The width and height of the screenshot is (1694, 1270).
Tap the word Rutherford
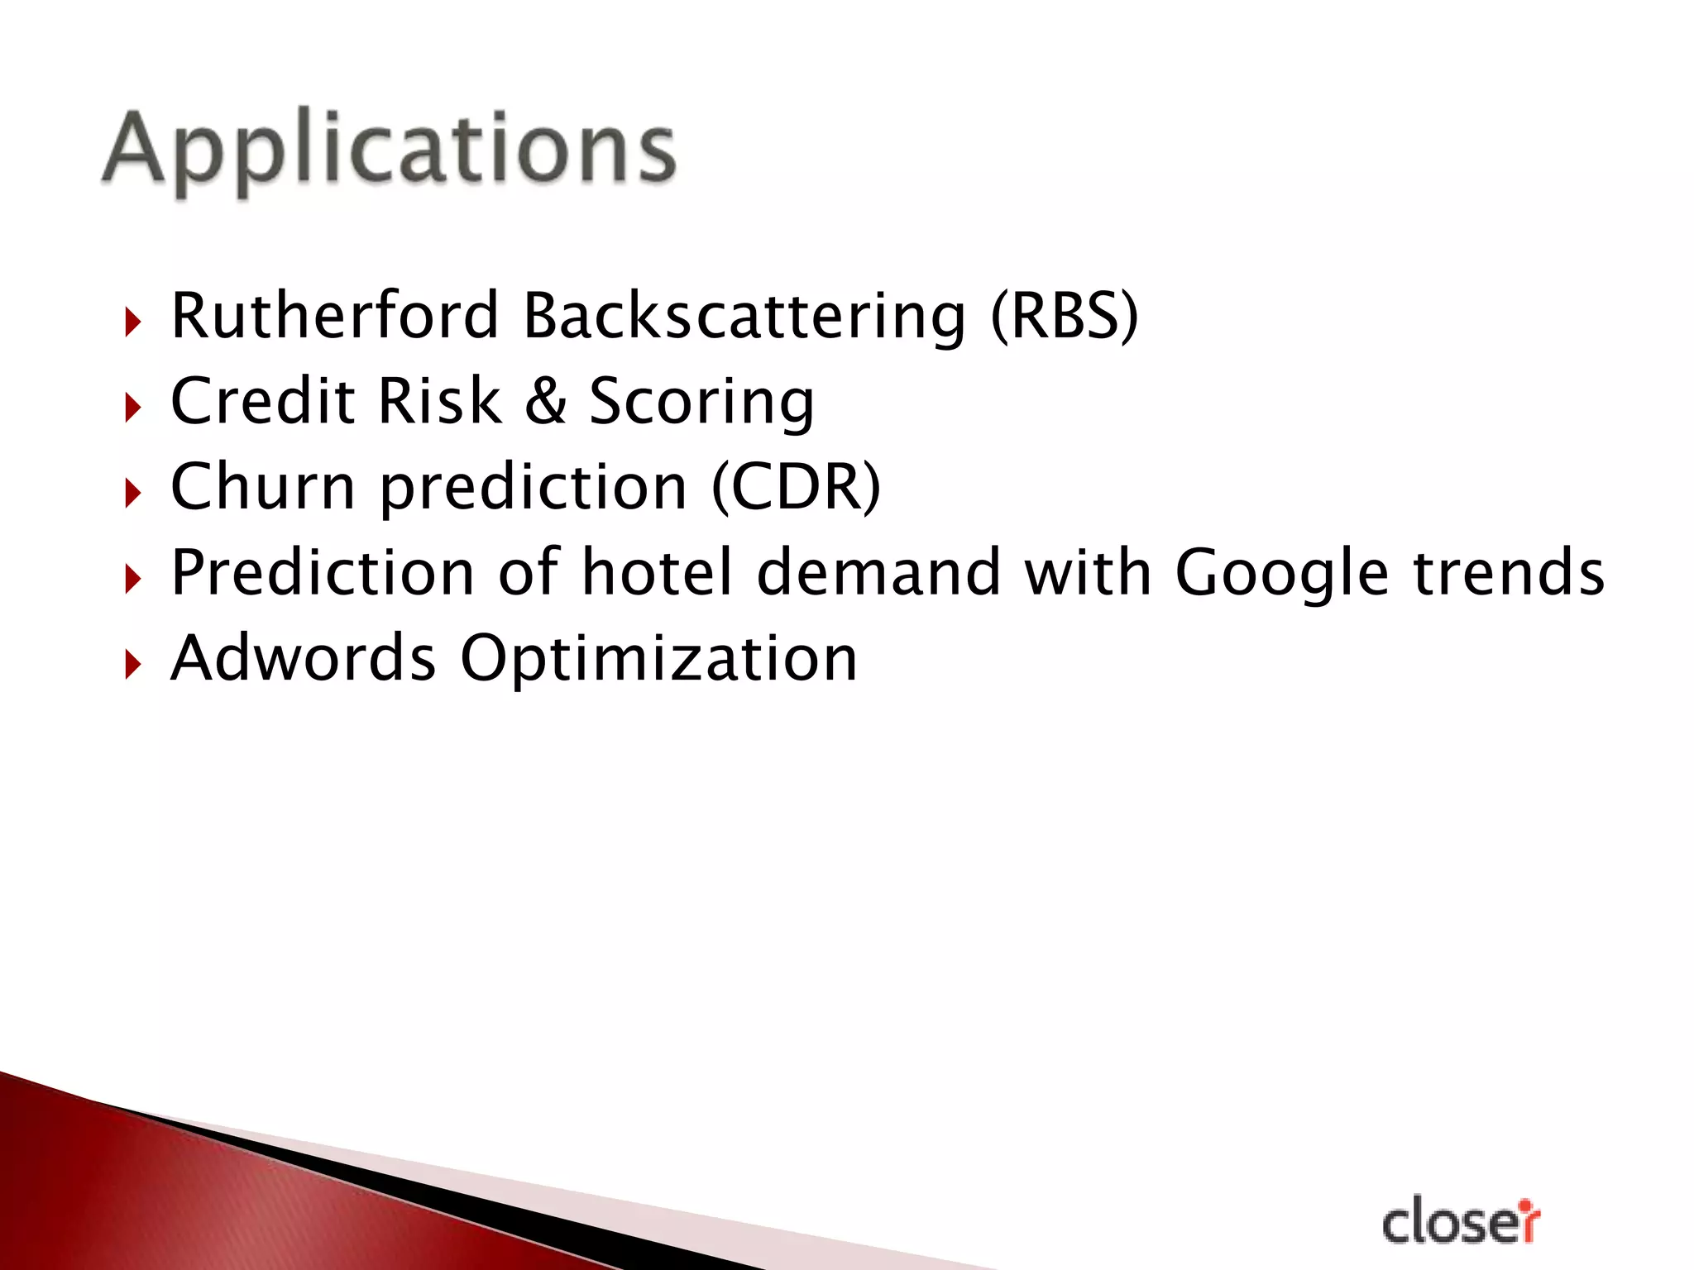click(x=334, y=316)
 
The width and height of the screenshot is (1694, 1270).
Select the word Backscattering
click(x=744, y=317)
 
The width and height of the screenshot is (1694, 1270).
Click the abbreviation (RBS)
click(x=1064, y=317)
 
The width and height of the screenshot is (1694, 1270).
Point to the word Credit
click(x=262, y=402)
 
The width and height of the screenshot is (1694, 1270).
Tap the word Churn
click(x=262, y=487)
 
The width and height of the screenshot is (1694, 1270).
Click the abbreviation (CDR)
click(x=796, y=488)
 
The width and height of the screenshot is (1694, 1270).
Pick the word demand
click(x=878, y=572)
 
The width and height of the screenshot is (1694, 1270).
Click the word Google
click(x=1281, y=574)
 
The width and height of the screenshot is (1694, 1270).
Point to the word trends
click(x=1509, y=572)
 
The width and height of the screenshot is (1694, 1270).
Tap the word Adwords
click(x=303, y=658)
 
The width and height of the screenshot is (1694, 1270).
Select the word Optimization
click(x=658, y=660)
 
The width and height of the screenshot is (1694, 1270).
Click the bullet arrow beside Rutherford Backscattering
click(x=132, y=322)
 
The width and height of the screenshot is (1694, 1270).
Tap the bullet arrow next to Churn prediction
click(x=132, y=493)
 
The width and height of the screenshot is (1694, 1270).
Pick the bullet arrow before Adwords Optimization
click(x=132, y=664)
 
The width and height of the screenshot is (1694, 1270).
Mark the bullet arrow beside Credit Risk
click(x=132, y=408)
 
